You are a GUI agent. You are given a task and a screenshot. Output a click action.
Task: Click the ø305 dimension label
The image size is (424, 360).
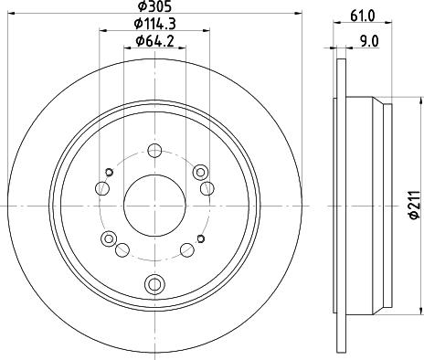click(x=154, y=6)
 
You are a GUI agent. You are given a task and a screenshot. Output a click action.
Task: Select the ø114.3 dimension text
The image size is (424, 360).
click(x=155, y=24)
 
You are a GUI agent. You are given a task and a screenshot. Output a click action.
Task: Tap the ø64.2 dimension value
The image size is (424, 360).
click(x=155, y=41)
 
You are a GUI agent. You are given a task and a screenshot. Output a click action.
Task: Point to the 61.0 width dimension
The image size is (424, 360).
click(x=363, y=16)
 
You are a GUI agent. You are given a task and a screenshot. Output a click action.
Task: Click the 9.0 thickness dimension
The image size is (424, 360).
click(x=369, y=41)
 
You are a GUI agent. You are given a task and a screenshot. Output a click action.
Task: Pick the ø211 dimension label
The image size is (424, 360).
click(x=414, y=205)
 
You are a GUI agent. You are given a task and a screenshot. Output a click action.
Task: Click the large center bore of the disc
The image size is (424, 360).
click(x=154, y=206)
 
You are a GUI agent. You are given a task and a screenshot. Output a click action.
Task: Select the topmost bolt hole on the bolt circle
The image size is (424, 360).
click(x=154, y=151)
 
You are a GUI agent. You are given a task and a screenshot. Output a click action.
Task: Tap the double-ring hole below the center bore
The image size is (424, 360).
click(x=154, y=284)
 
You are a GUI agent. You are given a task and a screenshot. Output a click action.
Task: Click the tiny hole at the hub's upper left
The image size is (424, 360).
click(x=109, y=173)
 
